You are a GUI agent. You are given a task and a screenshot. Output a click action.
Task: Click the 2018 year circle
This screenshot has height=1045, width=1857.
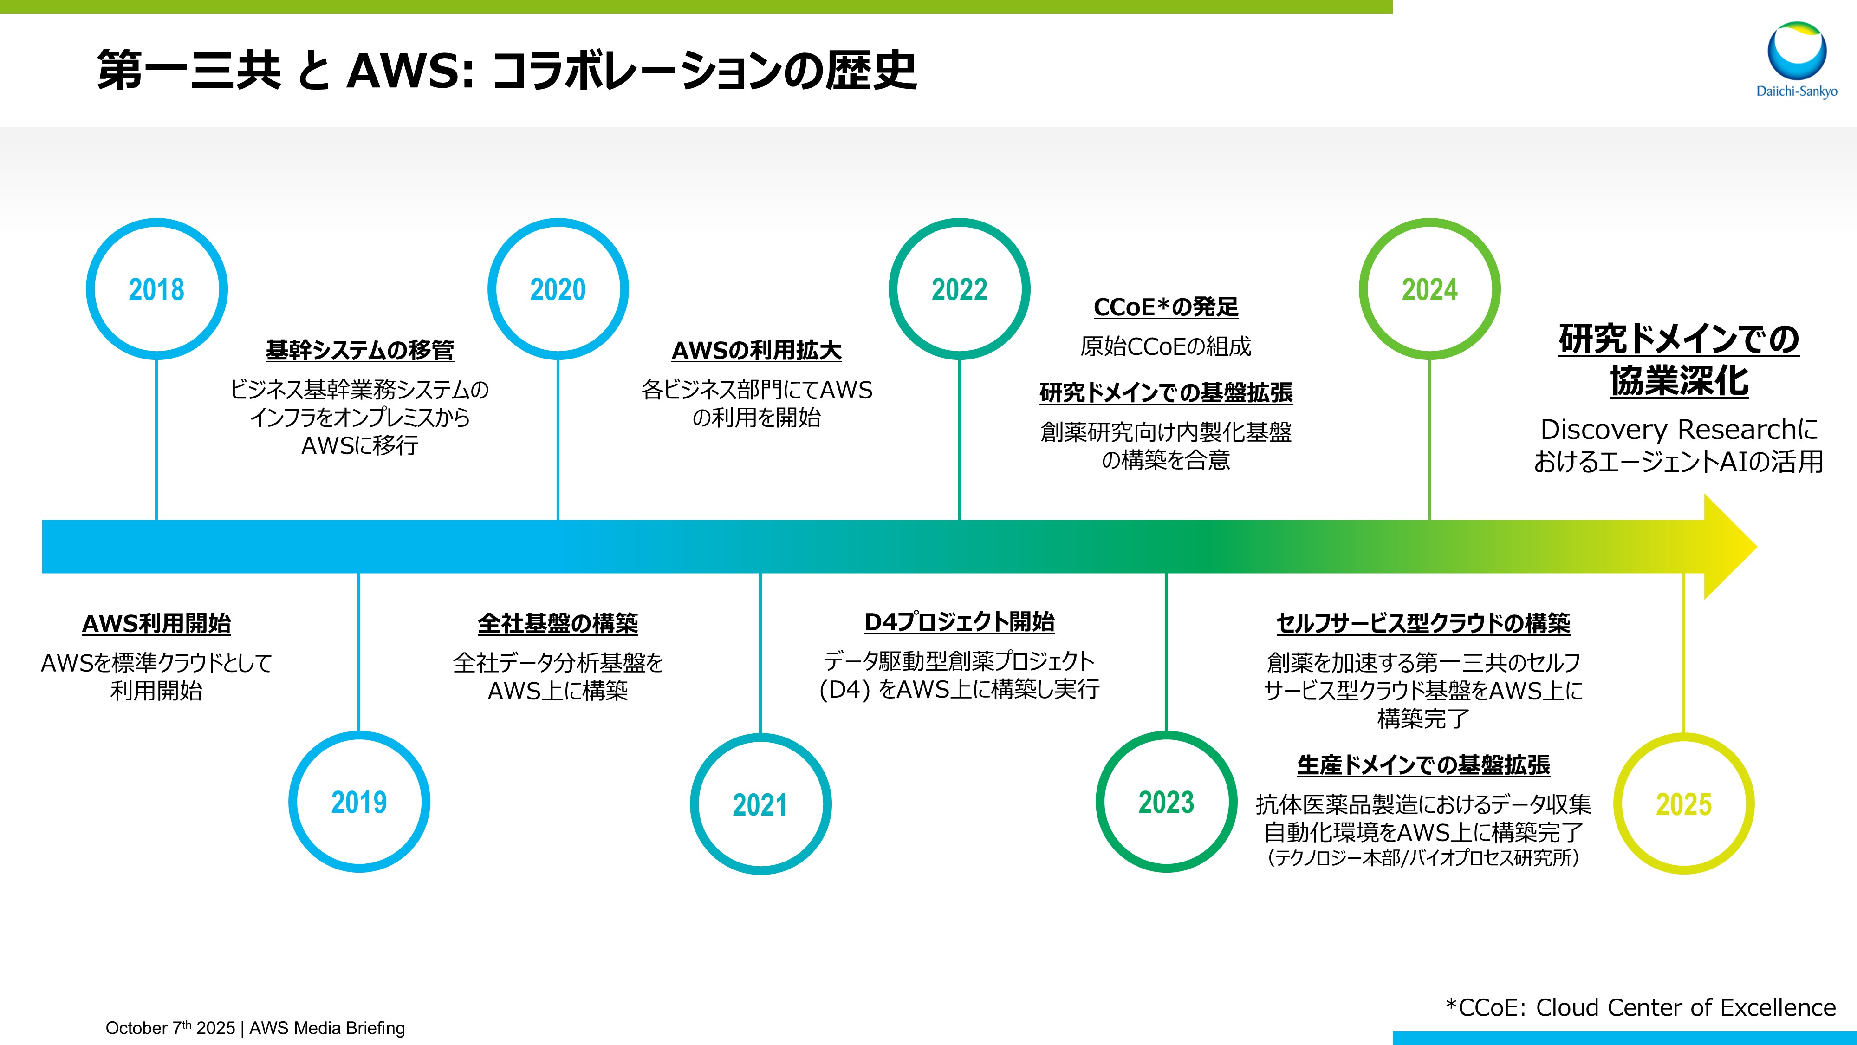(x=156, y=289)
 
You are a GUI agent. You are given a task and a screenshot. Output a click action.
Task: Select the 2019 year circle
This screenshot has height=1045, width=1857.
(x=359, y=802)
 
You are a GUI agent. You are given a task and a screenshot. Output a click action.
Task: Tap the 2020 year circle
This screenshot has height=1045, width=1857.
(x=558, y=289)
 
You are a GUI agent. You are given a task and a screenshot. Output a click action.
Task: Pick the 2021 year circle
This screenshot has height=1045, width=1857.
(x=760, y=804)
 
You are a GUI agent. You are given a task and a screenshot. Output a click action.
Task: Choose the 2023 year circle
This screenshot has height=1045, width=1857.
(x=1166, y=802)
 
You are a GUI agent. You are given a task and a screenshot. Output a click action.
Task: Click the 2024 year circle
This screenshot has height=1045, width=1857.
(x=1429, y=289)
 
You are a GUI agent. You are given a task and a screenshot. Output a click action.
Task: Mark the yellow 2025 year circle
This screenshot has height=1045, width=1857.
(x=1683, y=803)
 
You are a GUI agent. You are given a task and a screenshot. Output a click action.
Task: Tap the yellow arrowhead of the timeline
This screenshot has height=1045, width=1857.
(x=1730, y=547)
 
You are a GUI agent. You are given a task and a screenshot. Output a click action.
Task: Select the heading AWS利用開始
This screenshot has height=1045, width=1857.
(x=156, y=623)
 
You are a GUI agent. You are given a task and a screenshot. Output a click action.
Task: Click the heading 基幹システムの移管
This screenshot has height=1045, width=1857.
(x=360, y=351)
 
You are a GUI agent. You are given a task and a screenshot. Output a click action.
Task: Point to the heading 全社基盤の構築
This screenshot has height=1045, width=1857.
(x=558, y=623)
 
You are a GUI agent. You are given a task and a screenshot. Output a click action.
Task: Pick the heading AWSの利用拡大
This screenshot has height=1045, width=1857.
(x=756, y=351)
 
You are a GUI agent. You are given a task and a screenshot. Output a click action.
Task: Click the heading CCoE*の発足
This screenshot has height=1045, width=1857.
(x=1166, y=307)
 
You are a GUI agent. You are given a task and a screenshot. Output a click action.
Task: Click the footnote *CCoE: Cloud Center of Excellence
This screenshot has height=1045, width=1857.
(x=1641, y=1007)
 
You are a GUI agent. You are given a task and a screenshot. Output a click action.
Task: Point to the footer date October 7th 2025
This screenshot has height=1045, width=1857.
(x=170, y=1028)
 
